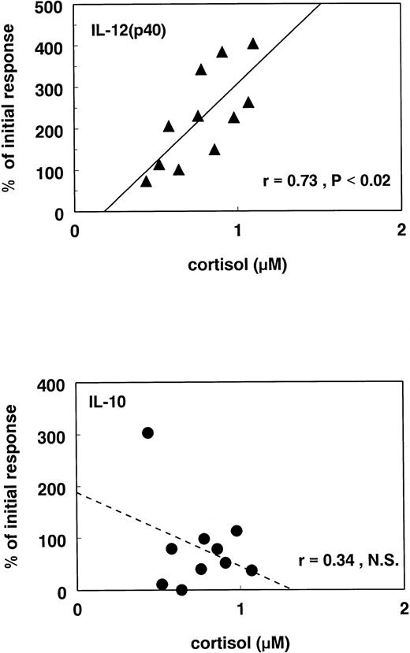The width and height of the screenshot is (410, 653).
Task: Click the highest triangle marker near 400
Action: [x=253, y=43]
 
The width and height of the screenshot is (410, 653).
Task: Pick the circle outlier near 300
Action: [x=147, y=432]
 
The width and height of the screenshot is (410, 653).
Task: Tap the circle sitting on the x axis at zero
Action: [x=182, y=589]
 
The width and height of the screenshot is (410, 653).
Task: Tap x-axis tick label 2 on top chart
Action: [x=401, y=230]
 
